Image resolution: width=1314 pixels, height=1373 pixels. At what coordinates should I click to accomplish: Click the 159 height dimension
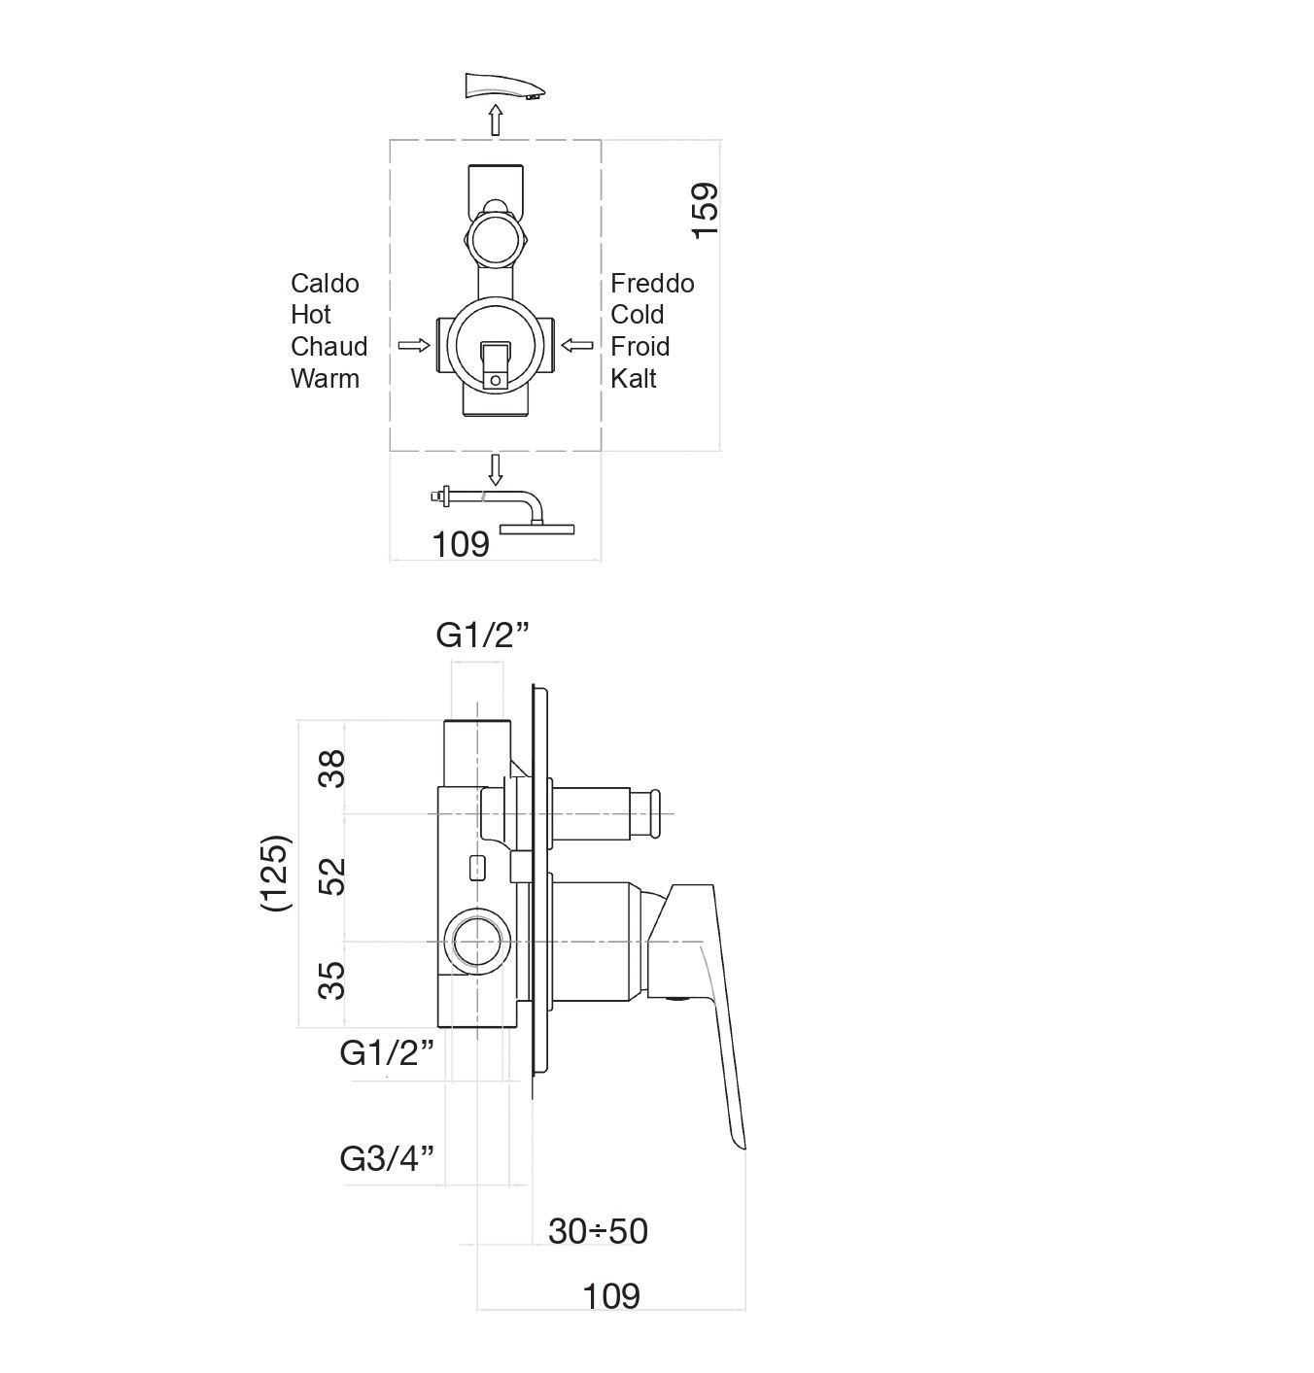tap(705, 210)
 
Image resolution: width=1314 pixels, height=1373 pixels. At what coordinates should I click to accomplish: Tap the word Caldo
tap(325, 284)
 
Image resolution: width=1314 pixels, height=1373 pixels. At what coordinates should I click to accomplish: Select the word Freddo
tap(652, 284)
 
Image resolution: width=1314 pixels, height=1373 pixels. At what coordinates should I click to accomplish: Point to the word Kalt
tap(633, 379)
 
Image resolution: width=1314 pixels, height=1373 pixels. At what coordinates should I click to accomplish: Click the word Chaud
tap(328, 347)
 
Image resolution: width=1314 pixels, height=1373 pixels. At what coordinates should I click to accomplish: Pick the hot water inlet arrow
tap(414, 345)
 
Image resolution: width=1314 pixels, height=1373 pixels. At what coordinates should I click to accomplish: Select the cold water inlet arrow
tap(577, 345)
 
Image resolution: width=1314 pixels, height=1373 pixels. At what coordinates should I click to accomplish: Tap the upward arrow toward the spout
tap(496, 120)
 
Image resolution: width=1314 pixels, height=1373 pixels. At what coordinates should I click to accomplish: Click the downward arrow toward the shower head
tap(496, 470)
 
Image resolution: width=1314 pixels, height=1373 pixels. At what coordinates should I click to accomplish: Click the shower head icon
tap(502, 512)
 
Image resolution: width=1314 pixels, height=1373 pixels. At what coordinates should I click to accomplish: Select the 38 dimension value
tap(331, 769)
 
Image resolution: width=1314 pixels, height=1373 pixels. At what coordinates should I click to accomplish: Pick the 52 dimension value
tap(331, 877)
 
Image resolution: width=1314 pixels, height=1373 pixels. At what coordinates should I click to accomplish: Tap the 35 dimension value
tap(331, 980)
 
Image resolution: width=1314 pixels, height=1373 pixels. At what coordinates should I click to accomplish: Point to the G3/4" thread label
tap(387, 1158)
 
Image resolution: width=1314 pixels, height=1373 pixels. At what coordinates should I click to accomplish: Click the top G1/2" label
tap(482, 635)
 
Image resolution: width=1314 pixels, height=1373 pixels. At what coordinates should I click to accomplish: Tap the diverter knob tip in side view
tap(656, 813)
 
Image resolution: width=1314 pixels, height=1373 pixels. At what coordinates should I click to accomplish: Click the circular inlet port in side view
tap(478, 942)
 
